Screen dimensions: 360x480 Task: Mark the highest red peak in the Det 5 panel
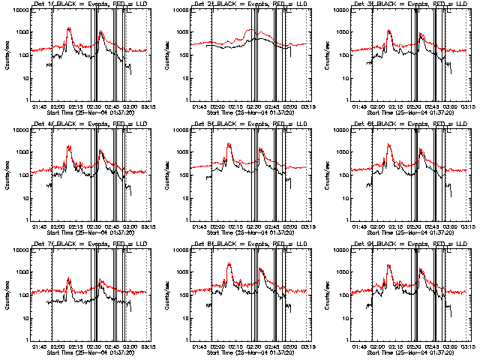pyautogui.click(x=229, y=143)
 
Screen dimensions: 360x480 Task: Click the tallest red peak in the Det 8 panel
pyautogui.click(x=229, y=263)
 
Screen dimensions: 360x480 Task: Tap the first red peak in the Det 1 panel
pyautogui.click(x=69, y=28)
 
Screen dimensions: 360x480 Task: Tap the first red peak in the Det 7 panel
pyautogui.click(x=69, y=278)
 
